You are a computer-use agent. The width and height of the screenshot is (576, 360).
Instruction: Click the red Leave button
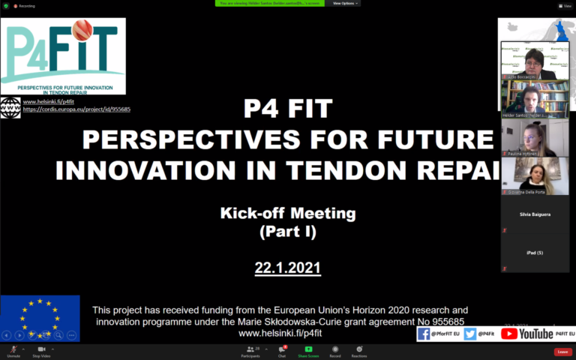click(x=562, y=352)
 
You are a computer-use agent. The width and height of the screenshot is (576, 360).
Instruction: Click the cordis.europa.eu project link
click(x=76, y=109)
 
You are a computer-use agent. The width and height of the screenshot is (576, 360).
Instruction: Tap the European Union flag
click(x=40, y=318)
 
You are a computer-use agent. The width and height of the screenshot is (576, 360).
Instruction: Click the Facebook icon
click(x=424, y=334)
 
